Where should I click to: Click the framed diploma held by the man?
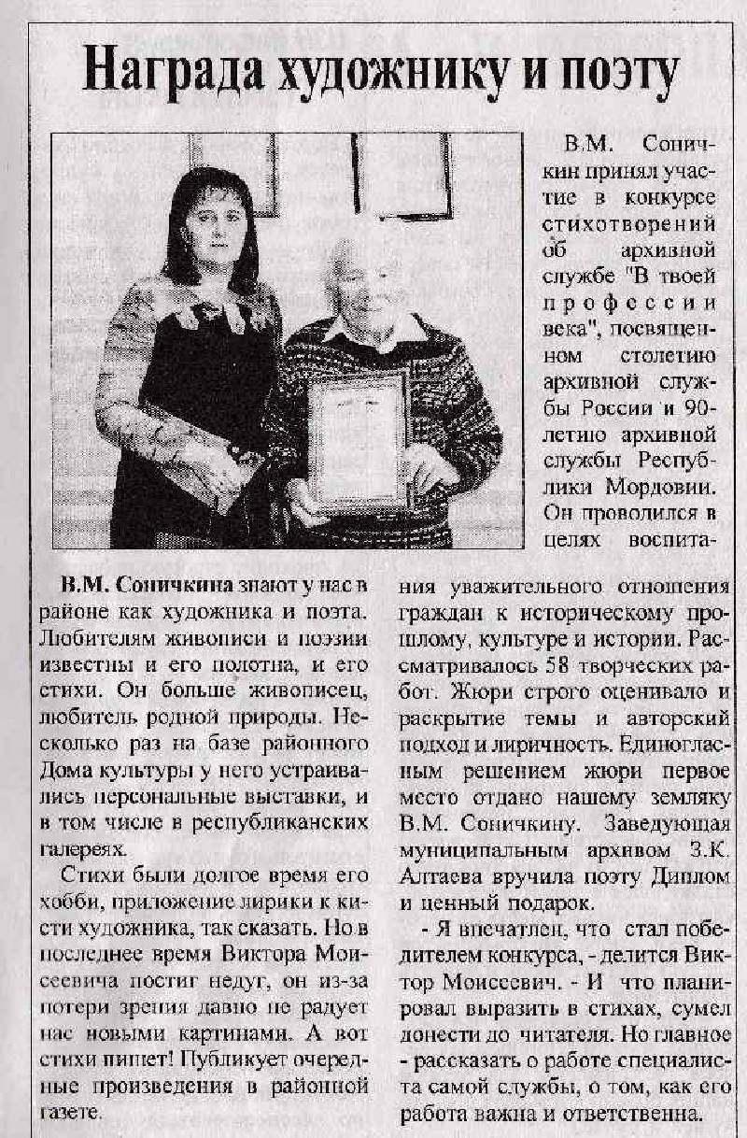tap(359, 439)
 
